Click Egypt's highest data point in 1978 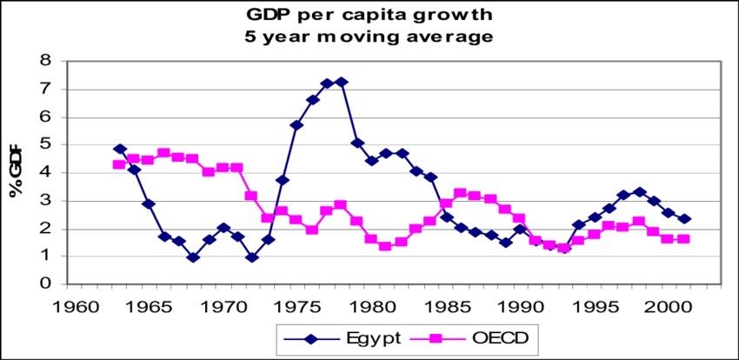pyautogui.click(x=342, y=82)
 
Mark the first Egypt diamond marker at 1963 pyautogui.click(x=119, y=149)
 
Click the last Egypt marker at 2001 pyautogui.click(x=684, y=219)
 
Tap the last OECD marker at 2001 pyautogui.click(x=684, y=238)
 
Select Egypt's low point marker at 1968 pyautogui.click(x=193, y=257)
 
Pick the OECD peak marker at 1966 pyautogui.click(x=163, y=153)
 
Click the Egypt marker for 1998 pyautogui.click(x=639, y=191)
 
